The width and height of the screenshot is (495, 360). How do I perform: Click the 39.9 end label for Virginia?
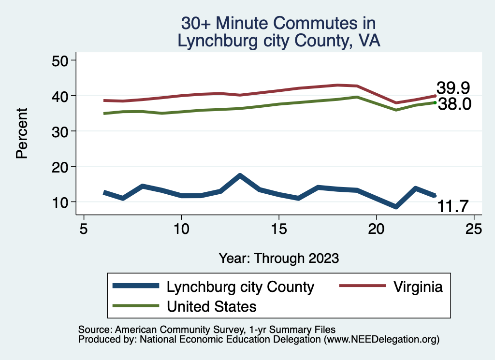click(453, 88)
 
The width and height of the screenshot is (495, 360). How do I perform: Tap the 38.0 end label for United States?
click(454, 104)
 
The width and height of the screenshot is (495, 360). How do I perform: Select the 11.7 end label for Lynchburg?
click(453, 207)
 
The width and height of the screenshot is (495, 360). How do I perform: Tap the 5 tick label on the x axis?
click(84, 228)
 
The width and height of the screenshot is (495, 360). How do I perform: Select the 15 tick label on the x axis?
click(279, 228)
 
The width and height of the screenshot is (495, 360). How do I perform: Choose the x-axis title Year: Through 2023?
click(279, 258)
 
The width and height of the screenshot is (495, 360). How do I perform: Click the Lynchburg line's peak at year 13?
click(240, 175)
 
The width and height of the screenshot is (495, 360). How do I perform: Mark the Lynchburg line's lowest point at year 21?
click(396, 206)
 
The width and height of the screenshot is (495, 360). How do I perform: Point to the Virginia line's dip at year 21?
click(396, 103)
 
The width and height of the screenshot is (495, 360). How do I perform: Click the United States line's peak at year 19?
click(357, 97)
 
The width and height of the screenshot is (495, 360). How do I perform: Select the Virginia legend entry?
click(418, 287)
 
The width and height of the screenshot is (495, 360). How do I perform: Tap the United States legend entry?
click(211, 306)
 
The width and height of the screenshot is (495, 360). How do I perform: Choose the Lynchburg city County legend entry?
click(240, 287)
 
